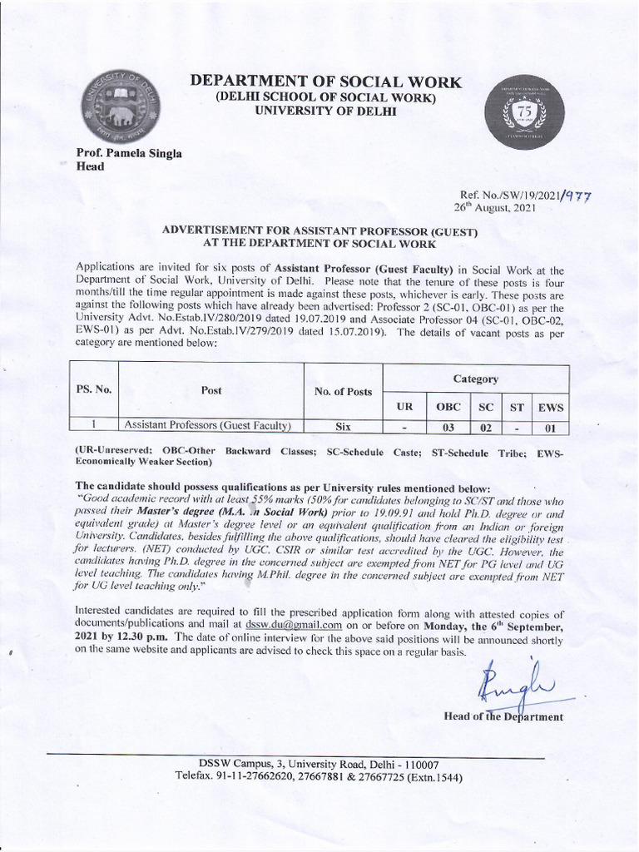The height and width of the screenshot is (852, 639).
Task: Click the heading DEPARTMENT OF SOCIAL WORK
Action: point(325,82)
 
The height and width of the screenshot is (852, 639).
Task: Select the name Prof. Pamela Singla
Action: point(129,153)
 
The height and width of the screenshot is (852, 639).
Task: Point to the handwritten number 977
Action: point(580,196)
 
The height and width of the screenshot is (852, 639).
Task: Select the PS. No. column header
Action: point(95,389)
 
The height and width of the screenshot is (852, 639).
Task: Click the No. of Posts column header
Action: point(343,391)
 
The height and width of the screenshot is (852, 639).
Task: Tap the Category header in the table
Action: point(475,379)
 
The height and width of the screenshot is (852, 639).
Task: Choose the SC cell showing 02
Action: point(486,428)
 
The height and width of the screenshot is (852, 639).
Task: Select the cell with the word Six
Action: point(343,426)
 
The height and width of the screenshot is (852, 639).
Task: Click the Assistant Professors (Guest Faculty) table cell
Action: point(207,426)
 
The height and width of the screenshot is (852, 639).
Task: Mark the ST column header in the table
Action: point(517,407)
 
